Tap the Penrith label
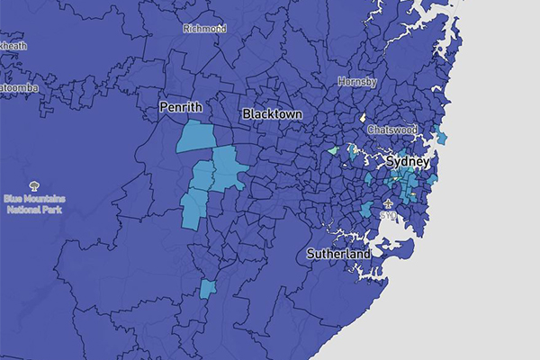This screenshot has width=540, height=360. (181, 108)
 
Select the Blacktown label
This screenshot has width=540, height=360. (271, 115)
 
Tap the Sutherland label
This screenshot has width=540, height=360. (338, 255)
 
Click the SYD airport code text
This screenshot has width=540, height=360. (387, 216)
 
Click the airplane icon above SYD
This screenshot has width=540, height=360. (388, 203)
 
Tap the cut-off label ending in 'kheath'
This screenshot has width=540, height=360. (13, 45)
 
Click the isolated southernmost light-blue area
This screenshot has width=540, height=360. (208, 289)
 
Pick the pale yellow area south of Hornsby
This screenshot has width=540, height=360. (362, 118)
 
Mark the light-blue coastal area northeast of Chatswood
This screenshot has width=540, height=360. (440, 137)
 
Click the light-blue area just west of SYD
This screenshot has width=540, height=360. (366, 210)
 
